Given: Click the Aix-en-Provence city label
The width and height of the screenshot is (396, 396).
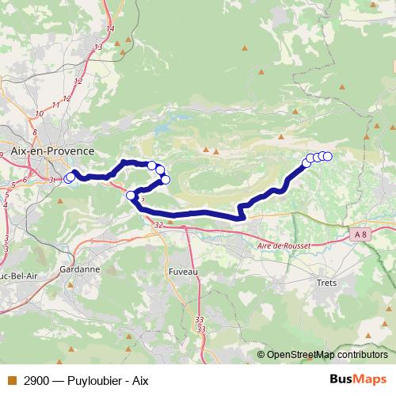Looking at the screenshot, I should click(x=52, y=150).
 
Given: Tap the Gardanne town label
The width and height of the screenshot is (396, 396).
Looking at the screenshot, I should click(x=79, y=269).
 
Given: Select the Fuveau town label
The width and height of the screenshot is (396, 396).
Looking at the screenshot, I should click(x=183, y=271).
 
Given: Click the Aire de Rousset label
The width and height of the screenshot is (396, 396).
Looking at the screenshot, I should click(x=284, y=246).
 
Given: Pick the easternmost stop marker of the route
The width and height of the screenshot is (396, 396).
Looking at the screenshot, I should click(x=327, y=156).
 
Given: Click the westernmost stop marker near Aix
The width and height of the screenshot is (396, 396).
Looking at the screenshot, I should click(x=68, y=178).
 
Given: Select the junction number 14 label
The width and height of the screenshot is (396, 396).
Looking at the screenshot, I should click(x=110, y=29).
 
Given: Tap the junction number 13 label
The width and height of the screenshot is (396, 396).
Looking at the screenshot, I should click(x=98, y=47).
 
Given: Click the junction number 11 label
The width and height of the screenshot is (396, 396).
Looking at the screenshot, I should click(x=56, y=105).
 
